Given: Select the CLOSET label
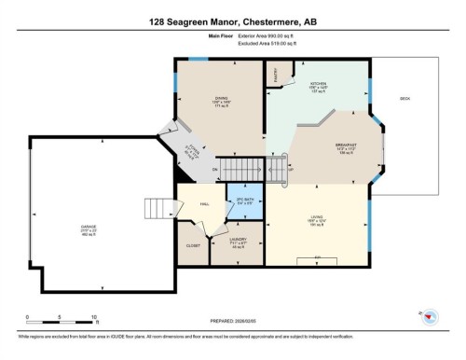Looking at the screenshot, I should [193, 245].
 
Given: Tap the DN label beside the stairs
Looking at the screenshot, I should [214, 169].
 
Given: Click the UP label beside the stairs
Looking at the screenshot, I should [290, 170].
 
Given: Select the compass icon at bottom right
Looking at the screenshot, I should [429, 317].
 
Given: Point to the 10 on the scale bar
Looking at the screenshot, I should [93, 317].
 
